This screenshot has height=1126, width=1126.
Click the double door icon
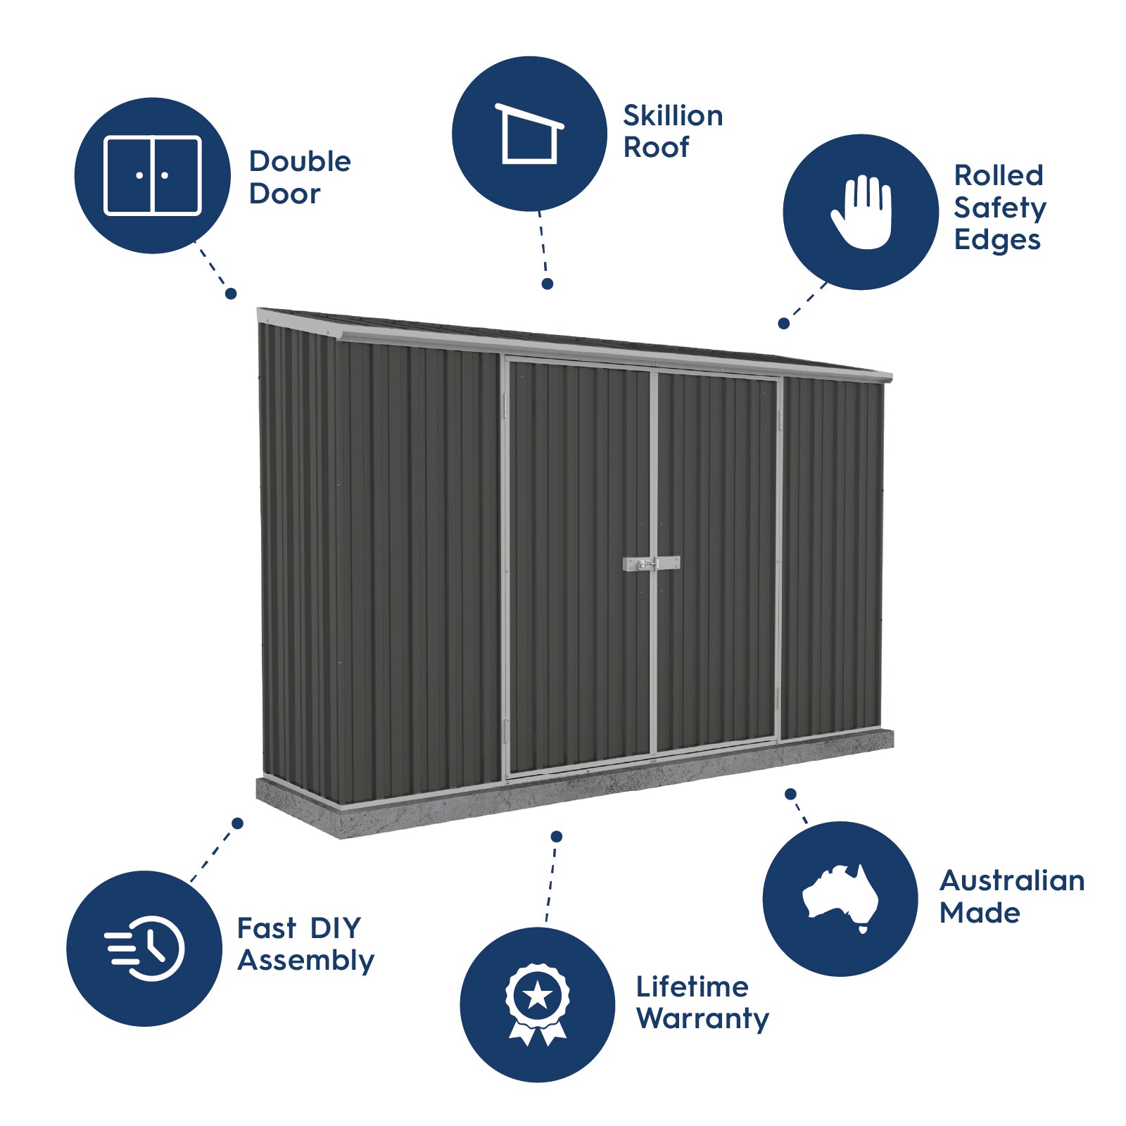coord(152,175)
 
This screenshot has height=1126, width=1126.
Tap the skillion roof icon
coord(529,134)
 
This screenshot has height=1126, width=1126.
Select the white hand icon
coord(861,212)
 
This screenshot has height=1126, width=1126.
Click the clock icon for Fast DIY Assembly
coord(146,948)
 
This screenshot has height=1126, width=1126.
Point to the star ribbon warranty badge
coord(538,1004)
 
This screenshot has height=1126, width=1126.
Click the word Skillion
coord(673,116)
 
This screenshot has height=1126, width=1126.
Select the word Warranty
coord(702,1018)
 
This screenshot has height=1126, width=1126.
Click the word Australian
coord(1011,880)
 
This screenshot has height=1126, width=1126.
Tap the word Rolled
coord(998,175)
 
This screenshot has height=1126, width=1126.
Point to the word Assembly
coord(305,961)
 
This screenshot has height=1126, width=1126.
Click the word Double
coord(300,162)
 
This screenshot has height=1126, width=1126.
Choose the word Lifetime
coord(692,987)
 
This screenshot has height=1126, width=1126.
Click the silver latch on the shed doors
coord(651,564)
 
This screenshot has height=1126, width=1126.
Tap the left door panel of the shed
coord(578,563)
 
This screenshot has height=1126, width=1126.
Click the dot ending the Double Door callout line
coord(231,293)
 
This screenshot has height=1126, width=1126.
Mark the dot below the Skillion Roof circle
coord(548,284)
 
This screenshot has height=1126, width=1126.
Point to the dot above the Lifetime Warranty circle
coord(557,836)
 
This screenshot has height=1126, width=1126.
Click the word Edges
coord(997,240)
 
